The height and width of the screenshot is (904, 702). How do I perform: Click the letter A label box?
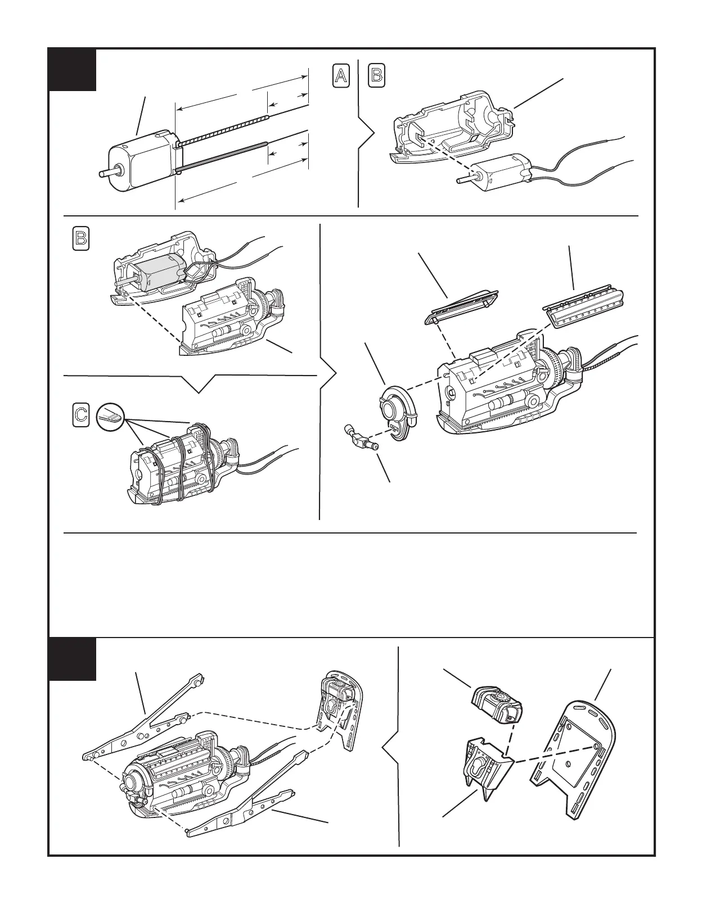(340, 76)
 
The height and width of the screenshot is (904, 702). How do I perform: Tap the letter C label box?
(81, 415)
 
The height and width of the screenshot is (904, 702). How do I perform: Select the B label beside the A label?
(377, 76)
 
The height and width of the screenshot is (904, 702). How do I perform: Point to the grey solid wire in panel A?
(222, 156)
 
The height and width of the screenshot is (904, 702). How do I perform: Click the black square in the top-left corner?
(72, 69)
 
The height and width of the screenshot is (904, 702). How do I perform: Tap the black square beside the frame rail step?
(72, 658)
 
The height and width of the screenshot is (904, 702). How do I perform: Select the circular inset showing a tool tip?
(109, 417)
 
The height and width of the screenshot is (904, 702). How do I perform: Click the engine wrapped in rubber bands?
(180, 464)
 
